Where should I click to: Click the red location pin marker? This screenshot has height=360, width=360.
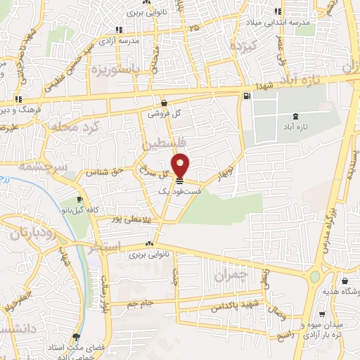coord(181,165)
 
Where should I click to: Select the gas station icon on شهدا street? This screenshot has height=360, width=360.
coord(245,97)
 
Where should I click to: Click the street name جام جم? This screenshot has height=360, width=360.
coord(139,304)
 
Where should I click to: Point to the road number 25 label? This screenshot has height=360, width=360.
coord(194,27)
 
